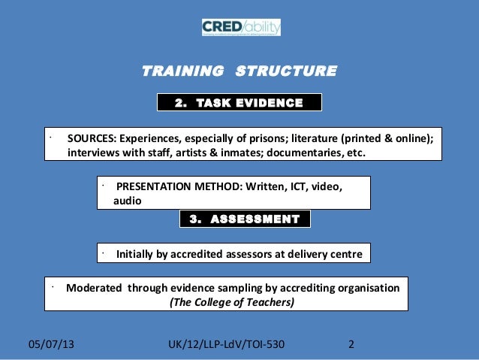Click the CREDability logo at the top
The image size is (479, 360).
[x=240, y=28]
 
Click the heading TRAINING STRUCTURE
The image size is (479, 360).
[x=239, y=72]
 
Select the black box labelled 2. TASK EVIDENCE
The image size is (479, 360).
[x=239, y=102]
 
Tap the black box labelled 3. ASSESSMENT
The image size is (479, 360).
[x=245, y=219]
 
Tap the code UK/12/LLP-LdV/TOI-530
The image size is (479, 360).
[x=228, y=345]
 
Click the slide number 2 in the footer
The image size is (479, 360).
[x=352, y=345]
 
